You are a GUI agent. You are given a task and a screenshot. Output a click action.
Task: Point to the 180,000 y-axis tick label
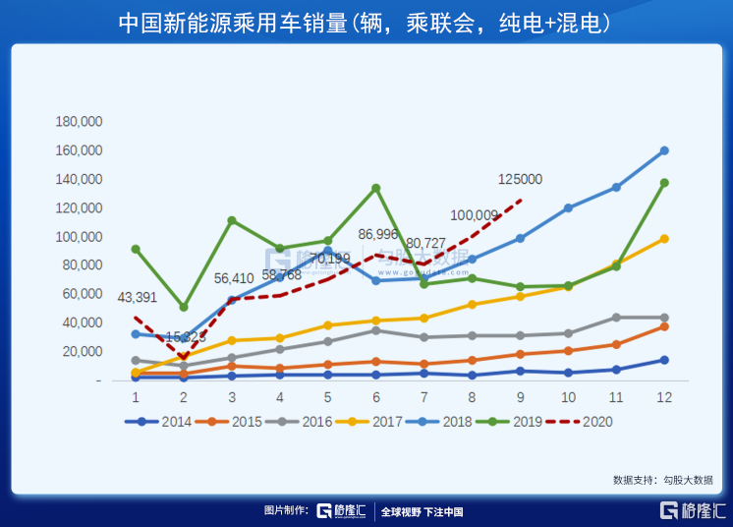(x=79, y=122)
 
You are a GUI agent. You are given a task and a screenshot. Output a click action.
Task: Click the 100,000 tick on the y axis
(x=79, y=237)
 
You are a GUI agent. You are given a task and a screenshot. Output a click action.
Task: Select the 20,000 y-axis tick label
(x=83, y=351)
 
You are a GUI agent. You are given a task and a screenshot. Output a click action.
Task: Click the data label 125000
(x=519, y=179)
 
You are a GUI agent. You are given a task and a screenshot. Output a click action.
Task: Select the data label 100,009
(x=475, y=215)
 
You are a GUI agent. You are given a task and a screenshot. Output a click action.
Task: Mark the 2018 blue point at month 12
(x=664, y=150)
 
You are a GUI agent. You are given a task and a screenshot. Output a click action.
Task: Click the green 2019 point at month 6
(x=375, y=188)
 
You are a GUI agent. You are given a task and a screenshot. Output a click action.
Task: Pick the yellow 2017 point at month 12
(x=664, y=238)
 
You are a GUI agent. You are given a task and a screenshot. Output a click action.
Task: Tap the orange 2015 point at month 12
(x=664, y=325)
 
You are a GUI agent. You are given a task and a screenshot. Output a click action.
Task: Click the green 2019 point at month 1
(x=136, y=249)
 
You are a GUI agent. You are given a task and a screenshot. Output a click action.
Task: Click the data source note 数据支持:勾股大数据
(x=662, y=480)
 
